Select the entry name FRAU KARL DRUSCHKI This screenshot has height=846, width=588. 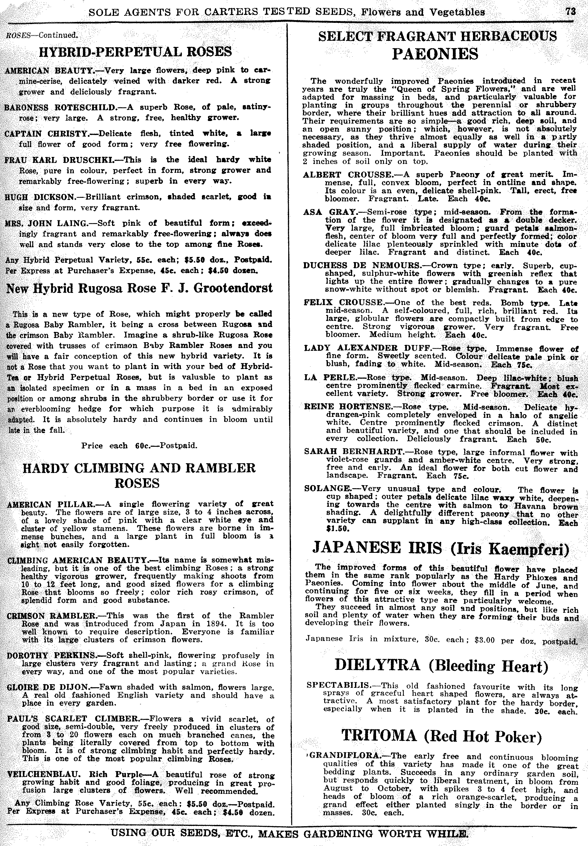point(58,160)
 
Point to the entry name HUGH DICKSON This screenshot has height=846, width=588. point(38,197)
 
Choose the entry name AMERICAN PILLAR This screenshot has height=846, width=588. point(51,504)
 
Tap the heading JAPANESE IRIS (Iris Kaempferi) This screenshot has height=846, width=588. point(441,548)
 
